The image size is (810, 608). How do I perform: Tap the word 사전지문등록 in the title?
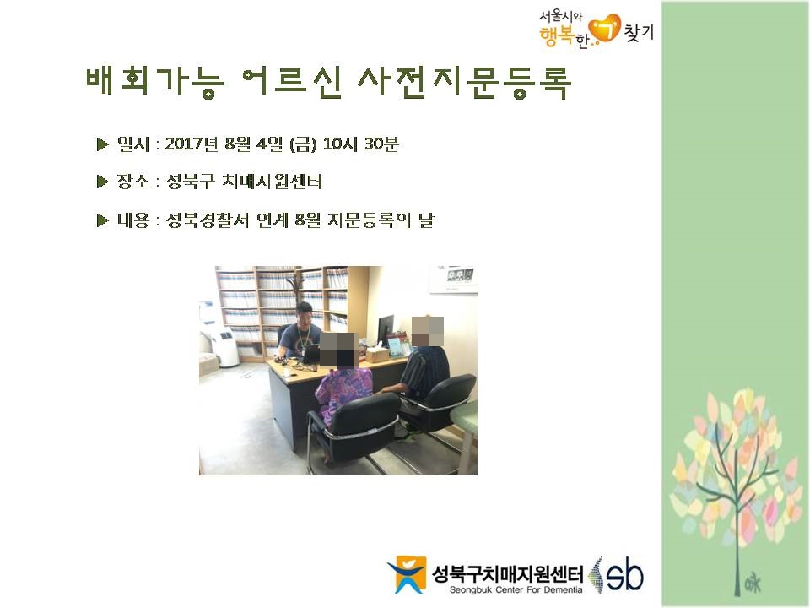[464, 82]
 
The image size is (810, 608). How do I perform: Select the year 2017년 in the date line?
[192, 144]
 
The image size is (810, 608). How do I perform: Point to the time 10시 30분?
[360, 144]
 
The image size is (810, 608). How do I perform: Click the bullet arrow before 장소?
[102, 182]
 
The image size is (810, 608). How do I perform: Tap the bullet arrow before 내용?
[102, 220]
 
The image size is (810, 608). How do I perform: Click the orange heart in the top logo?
[605, 29]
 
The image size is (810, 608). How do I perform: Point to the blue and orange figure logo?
[408, 574]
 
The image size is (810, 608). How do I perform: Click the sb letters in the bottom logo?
[624, 575]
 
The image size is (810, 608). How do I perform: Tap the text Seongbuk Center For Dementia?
[516, 590]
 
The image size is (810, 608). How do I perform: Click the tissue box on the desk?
[376, 354]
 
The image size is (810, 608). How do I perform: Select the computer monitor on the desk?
[385, 330]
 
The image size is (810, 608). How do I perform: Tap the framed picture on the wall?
[454, 280]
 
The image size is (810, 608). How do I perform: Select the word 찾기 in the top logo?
[639, 32]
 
